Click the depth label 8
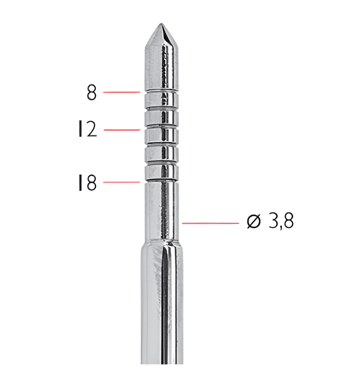[91, 92]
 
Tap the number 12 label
[88, 129]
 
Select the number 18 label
[87, 183]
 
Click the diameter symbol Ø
[253, 221]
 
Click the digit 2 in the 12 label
[91, 129]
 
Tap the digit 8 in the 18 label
[91, 183]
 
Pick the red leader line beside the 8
[122, 92]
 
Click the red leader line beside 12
[122, 130]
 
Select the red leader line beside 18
[122, 182]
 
